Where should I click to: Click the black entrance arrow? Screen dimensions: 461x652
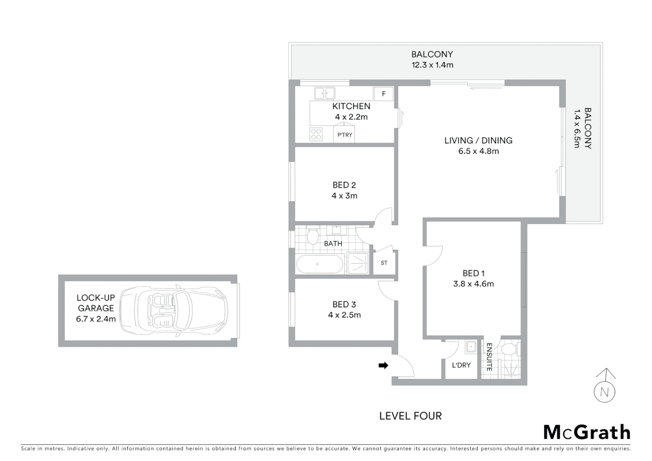point(383,365)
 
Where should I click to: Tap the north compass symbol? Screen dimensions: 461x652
point(604,391)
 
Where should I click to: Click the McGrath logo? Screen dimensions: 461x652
point(587,432)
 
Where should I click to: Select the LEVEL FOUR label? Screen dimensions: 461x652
point(410,416)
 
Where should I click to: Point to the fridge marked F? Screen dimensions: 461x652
point(383,94)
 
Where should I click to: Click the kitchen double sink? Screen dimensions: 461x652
point(324,93)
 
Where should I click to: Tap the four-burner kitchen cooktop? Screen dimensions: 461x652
point(316,134)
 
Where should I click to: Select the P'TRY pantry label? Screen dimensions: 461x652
point(345,135)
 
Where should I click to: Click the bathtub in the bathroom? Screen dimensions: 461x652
point(320,264)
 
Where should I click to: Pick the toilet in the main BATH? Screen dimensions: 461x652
point(313,236)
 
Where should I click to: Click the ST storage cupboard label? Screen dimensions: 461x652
point(384,263)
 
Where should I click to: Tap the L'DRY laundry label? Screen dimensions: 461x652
point(461,365)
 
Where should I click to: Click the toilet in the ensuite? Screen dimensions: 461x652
point(509,349)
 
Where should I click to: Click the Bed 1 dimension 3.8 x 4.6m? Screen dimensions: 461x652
point(473,284)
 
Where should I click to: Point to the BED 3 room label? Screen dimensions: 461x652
point(344,304)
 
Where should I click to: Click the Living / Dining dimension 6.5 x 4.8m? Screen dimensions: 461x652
point(478,151)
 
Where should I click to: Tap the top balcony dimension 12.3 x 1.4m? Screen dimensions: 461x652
point(432,65)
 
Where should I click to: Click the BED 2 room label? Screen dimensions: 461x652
point(344,185)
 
